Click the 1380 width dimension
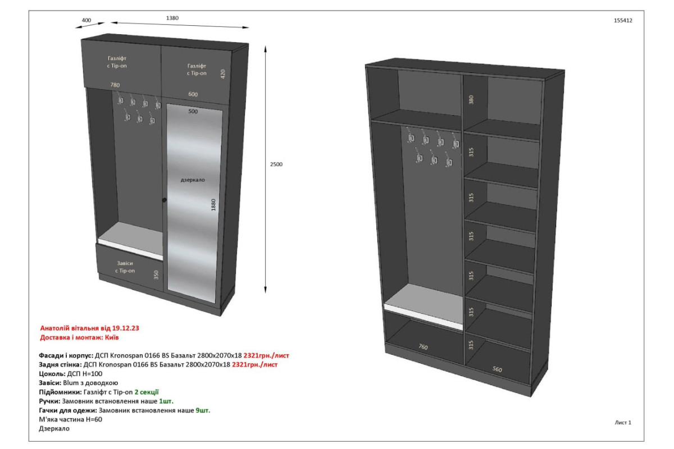click(172, 18)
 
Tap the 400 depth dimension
click(86, 20)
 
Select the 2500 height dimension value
click(276, 164)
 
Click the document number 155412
click(623, 20)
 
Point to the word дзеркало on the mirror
click(193, 180)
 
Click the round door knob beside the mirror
click(164, 200)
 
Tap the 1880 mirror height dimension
click(213, 205)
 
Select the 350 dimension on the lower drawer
click(156, 275)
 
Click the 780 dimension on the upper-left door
click(115, 85)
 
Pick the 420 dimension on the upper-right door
click(222, 74)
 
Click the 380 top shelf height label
click(471, 99)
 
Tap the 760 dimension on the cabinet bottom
click(423, 347)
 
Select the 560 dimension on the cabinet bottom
click(497, 369)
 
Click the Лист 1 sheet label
click(623, 423)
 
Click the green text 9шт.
click(203, 410)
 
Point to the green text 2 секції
click(147, 392)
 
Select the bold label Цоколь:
click(52, 374)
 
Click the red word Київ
click(112, 337)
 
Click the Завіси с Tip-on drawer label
click(125, 267)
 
